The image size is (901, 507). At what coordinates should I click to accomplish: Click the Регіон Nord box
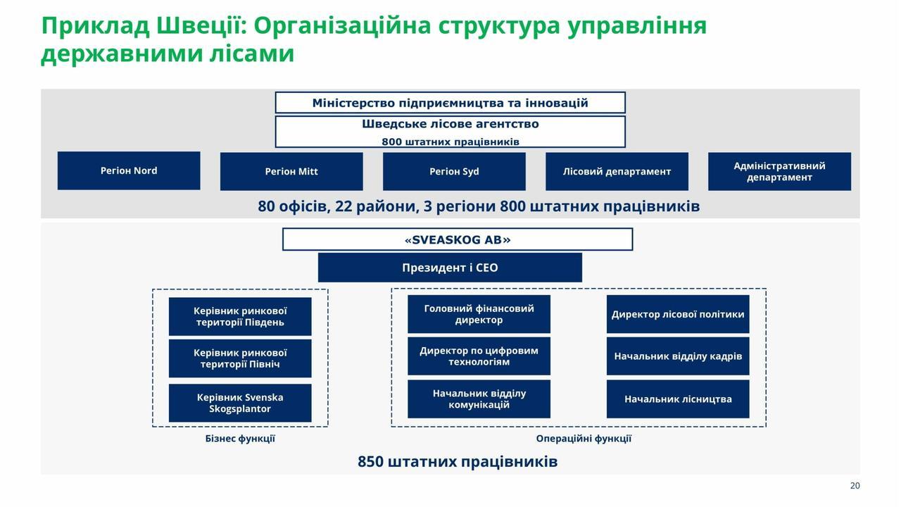(x=129, y=170)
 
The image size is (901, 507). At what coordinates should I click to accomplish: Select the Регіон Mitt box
(x=291, y=171)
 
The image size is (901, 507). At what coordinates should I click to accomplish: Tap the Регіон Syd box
(x=454, y=171)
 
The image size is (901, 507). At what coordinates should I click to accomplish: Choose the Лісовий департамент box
(x=617, y=171)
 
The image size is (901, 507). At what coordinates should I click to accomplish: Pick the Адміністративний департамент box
(x=779, y=171)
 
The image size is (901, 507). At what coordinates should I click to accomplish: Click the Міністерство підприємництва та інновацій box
(x=450, y=103)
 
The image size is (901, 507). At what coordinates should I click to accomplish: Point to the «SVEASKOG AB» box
(x=458, y=239)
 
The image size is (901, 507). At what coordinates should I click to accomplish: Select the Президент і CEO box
(x=450, y=268)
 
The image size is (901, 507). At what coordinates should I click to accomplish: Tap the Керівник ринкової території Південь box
(x=240, y=317)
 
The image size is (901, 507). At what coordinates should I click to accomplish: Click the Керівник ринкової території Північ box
(x=240, y=358)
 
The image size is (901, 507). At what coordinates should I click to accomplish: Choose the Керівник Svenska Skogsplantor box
(x=240, y=403)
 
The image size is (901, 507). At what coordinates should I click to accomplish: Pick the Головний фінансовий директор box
(x=479, y=314)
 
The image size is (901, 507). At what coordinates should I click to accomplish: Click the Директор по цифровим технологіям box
(x=479, y=356)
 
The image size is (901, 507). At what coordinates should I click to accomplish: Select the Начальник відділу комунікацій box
(x=479, y=399)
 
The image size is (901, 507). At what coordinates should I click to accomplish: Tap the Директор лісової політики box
(x=678, y=314)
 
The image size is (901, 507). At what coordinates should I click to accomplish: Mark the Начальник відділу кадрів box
(x=678, y=356)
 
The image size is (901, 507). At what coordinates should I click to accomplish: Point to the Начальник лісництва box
(x=678, y=399)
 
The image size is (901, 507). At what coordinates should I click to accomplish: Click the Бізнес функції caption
(x=240, y=439)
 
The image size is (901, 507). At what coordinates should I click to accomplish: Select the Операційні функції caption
(x=584, y=439)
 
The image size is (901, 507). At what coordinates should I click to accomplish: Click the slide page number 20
(x=855, y=486)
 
